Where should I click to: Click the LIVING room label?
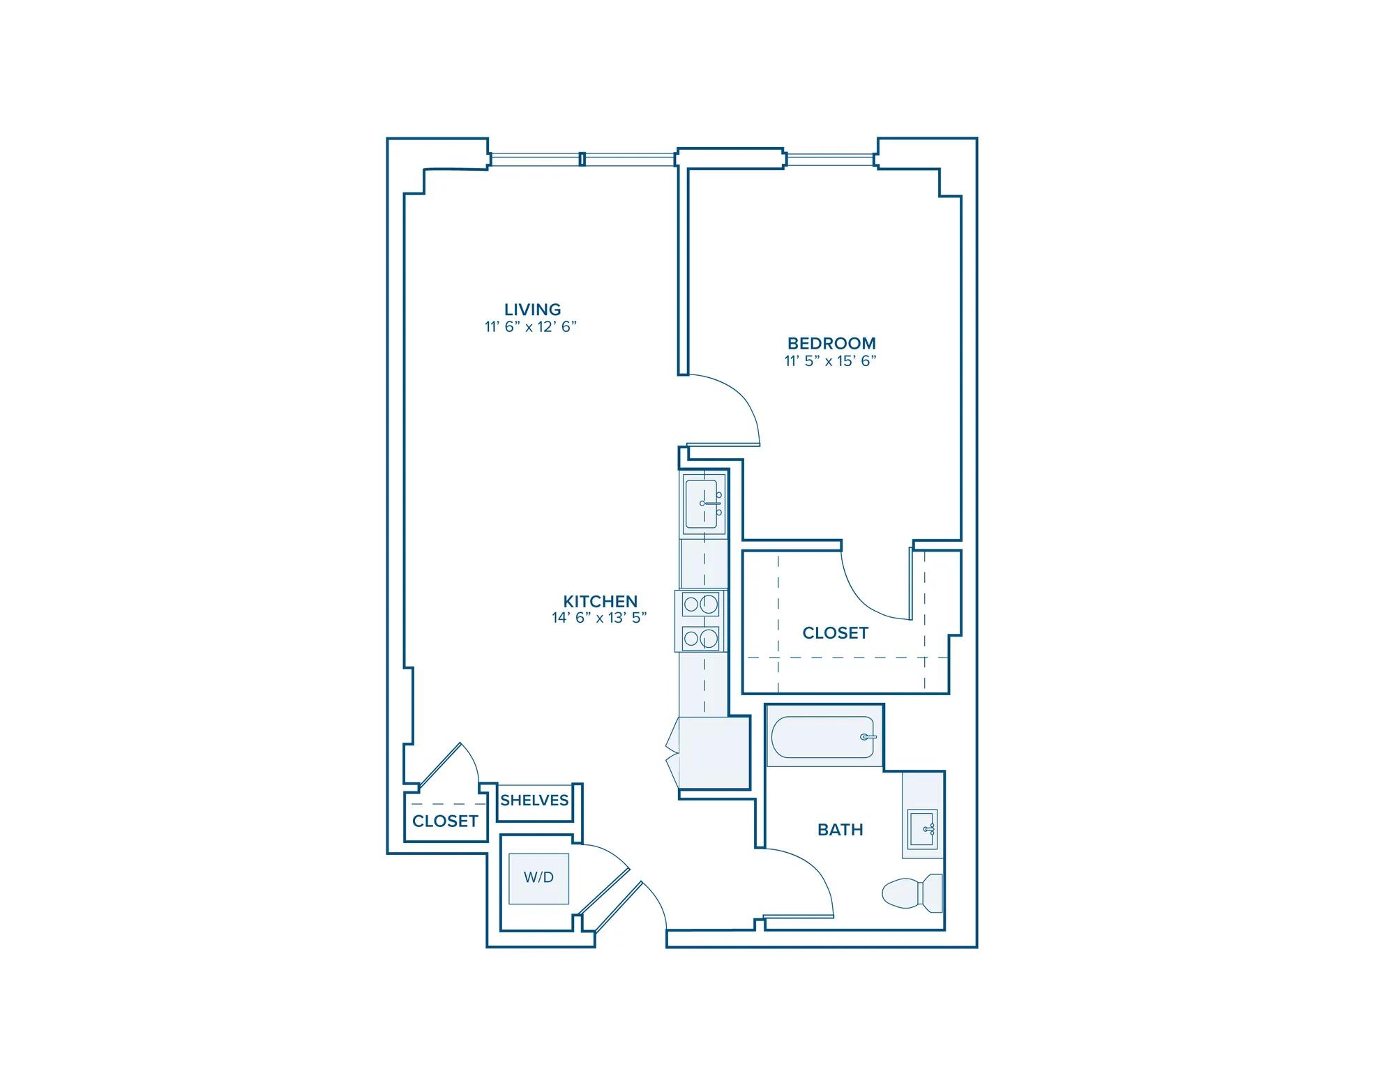532,309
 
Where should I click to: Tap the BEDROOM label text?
831,343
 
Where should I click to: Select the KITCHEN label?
600,601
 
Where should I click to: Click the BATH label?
840,829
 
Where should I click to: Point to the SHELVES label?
534,800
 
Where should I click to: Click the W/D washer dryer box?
538,878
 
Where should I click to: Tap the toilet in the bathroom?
912,893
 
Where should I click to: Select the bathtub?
822,737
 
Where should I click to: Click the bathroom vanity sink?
922,829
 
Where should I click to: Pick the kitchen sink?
704,503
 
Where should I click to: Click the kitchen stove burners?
701,621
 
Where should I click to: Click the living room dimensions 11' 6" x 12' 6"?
531,326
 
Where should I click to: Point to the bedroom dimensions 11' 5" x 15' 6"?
830,360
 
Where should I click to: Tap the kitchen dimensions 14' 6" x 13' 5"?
600,617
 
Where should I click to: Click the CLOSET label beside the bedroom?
835,632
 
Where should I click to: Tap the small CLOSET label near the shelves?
445,821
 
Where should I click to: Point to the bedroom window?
831,160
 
